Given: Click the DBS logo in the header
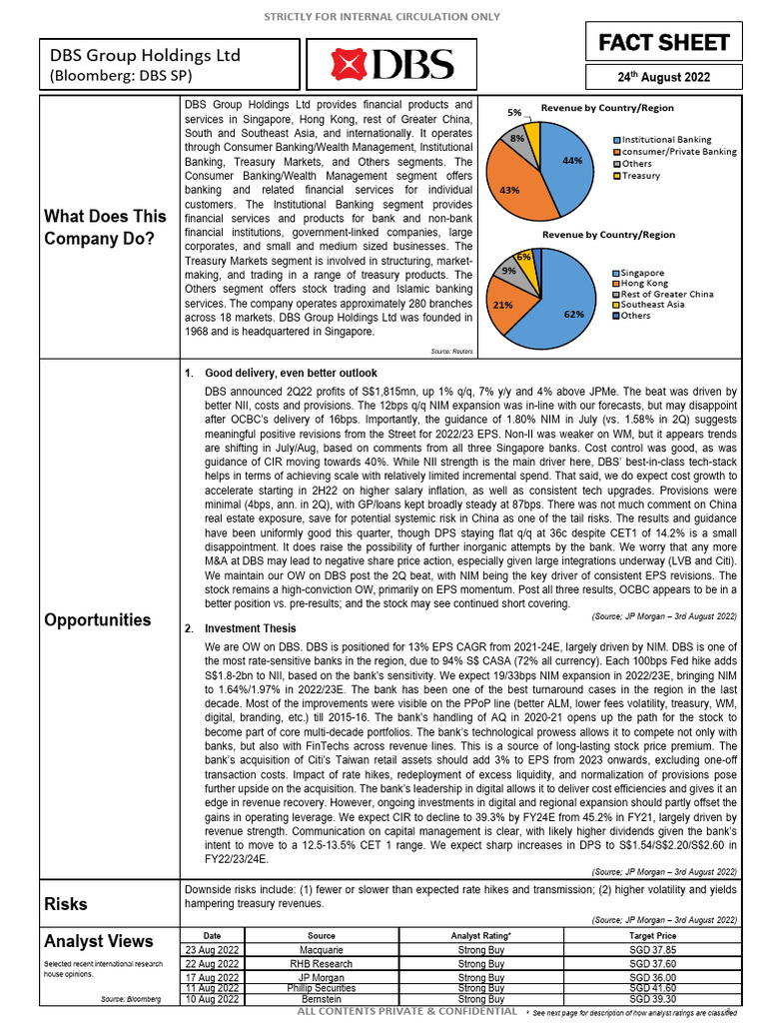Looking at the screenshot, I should [391, 66].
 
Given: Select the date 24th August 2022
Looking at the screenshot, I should [663, 77].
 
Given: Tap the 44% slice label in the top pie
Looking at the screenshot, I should [572, 159].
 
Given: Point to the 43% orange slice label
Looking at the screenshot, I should [507, 189].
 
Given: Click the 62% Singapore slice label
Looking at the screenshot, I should [573, 313].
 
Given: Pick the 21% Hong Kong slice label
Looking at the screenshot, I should [503, 304].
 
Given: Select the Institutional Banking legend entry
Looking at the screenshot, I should [666, 140].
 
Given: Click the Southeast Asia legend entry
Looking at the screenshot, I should [655, 305].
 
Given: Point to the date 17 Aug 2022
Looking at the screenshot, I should [212, 977].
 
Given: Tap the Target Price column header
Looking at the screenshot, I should [652, 935].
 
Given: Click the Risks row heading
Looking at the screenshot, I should [66, 904].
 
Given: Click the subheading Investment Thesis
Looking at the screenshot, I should [250, 628].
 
